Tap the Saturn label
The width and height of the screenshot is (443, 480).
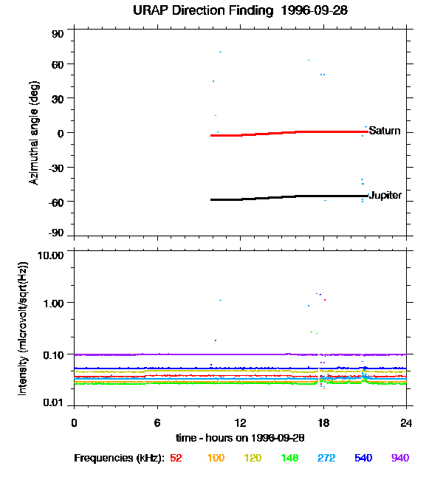[x=385, y=131]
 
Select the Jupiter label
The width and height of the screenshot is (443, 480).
[x=385, y=195]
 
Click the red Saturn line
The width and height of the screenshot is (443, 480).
[x=289, y=133]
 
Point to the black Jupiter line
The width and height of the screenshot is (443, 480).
[x=289, y=197]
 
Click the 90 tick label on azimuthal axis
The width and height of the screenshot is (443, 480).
[x=58, y=34]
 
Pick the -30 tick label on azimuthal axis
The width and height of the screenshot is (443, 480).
[x=55, y=168]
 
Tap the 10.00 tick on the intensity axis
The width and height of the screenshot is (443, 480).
[x=50, y=256]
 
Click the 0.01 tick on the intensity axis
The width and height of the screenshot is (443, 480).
[x=53, y=402]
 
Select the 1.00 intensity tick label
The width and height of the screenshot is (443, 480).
[x=53, y=304]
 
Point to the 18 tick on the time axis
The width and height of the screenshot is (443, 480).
[x=323, y=423]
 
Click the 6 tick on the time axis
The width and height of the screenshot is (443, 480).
[x=157, y=423]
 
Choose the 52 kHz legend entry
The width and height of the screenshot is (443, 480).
[x=176, y=458]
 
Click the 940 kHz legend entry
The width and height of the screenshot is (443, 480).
[x=400, y=458]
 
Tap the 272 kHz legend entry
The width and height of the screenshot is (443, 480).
[x=326, y=458]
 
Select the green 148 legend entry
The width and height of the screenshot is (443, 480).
[x=289, y=458]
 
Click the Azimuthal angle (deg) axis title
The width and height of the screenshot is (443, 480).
[x=34, y=133]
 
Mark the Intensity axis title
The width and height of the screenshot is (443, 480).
[x=23, y=329]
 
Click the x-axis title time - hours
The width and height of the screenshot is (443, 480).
[x=240, y=438]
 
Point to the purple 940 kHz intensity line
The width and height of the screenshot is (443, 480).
[x=241, y=354]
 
